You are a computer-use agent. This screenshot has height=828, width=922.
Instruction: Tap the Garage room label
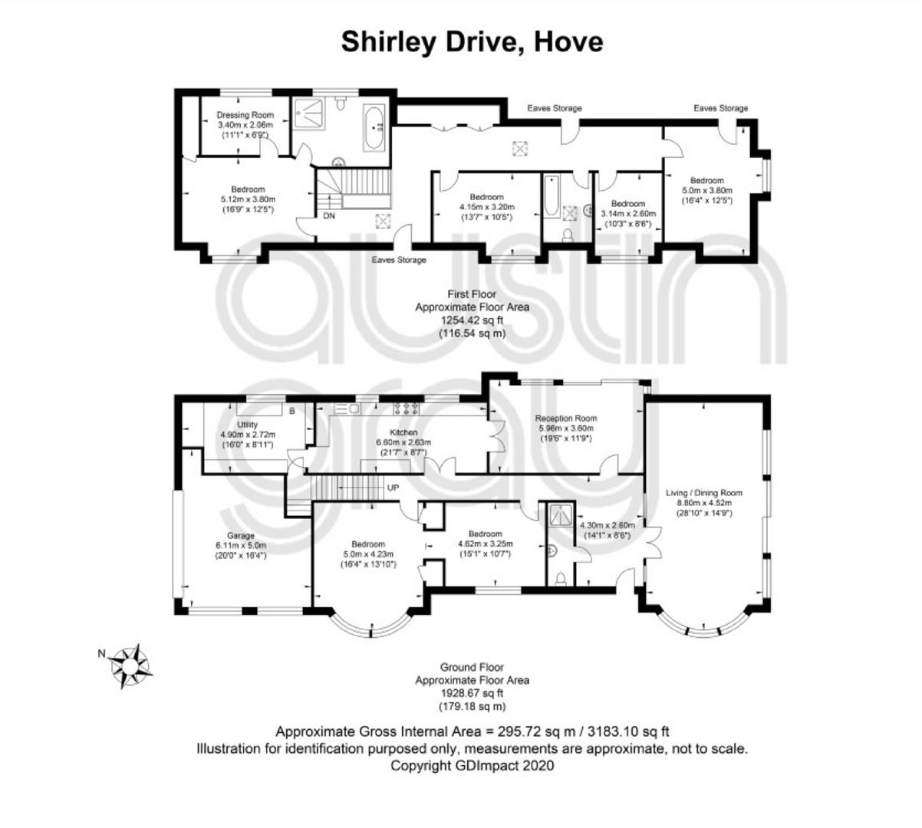click(x=241, y=535)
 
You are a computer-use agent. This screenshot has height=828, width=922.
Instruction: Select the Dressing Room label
click(x=245, y=115)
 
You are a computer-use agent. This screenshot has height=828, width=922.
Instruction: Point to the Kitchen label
click(x=403, y=432)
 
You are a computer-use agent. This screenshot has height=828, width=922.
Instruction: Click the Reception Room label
click(x=565, y=418)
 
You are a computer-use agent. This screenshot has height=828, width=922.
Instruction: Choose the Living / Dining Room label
click(x=703, y=493)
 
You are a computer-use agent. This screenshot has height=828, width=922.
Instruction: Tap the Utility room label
click(x=247, y=425)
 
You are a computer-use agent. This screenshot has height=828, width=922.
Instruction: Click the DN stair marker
click(x=328, y=215)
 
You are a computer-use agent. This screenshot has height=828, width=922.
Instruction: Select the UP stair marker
click(x=393, y=488)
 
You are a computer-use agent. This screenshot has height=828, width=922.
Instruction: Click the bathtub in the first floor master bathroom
click(x=374, y=128)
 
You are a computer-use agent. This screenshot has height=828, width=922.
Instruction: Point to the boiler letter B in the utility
click(x=292, y=411)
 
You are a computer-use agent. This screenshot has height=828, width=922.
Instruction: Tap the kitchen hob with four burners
click(x=407, y=408)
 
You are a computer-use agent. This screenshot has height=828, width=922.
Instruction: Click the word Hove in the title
click(x=568, y=42)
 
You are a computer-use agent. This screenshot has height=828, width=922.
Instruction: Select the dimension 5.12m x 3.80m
click(x=248, y=199)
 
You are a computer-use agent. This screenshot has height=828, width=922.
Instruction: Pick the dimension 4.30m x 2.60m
click(x=607, y=525)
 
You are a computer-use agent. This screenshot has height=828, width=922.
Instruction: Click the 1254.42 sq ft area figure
click(x=472, y=320)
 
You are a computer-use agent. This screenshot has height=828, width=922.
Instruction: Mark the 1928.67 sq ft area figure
click(x=472, y=693)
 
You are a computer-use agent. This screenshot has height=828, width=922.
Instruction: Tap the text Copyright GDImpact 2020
click(x=472, y=765)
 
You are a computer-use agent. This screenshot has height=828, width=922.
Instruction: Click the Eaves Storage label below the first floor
click(x=399, y=260)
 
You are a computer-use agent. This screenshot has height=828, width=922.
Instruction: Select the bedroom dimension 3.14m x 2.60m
click(x=628, y=213)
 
